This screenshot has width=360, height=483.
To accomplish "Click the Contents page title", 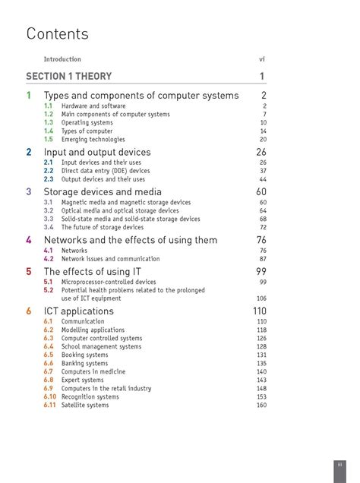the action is pos(58,34).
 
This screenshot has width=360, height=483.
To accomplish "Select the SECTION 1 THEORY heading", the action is pos(68,76).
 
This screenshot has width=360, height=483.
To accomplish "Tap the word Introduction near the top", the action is pos(62,58).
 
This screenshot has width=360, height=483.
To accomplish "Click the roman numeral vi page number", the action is pos(263,58).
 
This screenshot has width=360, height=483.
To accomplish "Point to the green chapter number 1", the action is pos(29,96).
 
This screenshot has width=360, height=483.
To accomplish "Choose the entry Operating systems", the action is pos(87,123).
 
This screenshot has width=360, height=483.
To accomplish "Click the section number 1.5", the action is pos(48,140).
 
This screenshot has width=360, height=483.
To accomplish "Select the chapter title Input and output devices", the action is pos(97,152).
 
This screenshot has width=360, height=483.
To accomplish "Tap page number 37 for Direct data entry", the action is pos(263,171).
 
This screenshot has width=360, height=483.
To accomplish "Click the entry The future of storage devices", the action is pos(102,227).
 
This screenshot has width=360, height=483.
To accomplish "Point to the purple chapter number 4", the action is pos(29,240).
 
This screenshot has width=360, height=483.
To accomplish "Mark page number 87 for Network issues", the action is pos(263,259).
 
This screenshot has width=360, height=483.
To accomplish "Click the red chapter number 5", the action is pos(29,271).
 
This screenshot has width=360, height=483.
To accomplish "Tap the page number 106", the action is pos(261,298).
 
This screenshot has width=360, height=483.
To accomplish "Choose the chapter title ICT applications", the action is pos(79,311).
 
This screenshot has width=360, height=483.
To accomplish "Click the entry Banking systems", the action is pos(84,364).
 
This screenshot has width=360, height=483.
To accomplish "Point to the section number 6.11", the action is pos(50,406).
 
